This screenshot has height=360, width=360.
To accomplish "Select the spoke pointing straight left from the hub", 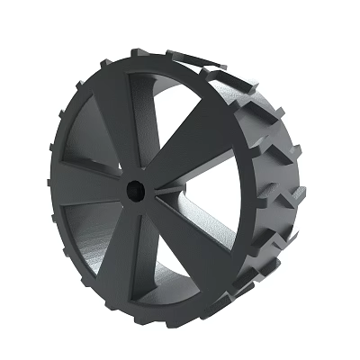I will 86,183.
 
